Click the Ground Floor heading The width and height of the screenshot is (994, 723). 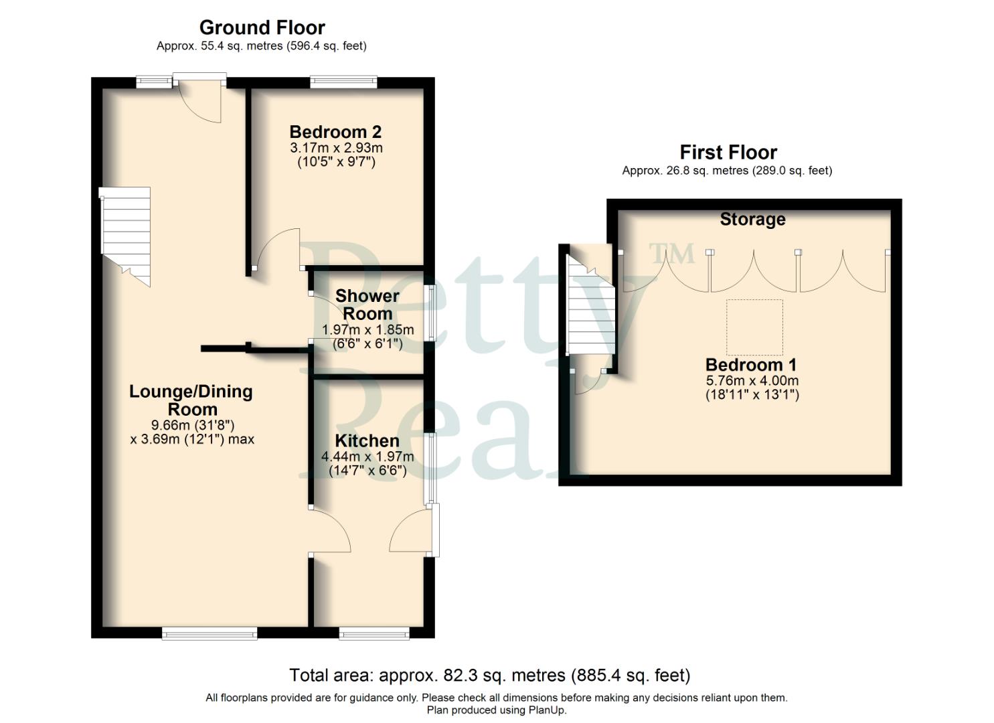coord(262,27)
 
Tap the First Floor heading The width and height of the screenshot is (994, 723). coord(728,152)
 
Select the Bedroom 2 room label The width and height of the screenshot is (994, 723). coord(335,132)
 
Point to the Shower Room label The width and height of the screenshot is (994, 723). coord(367,305)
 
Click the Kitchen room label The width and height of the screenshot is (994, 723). coord(367,440)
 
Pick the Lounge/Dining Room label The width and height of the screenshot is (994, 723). coord(191,400)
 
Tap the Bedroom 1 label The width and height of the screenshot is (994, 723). coord(751,365)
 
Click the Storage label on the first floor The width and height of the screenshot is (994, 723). coord(752,219)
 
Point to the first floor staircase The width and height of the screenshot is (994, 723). coord(590,308)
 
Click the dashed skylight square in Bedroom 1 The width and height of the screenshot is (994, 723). coord(755,327)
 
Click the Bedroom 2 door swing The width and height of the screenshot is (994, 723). coord(278,249)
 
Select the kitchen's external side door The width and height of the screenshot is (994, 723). coord(410,532)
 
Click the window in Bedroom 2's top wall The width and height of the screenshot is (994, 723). coord(343,82)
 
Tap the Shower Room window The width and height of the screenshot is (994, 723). coord(430,313)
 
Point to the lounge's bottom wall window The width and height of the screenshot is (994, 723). coord(210,633)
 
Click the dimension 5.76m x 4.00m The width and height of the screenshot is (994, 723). coord(752,380)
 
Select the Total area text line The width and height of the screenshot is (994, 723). coord(489,675)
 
